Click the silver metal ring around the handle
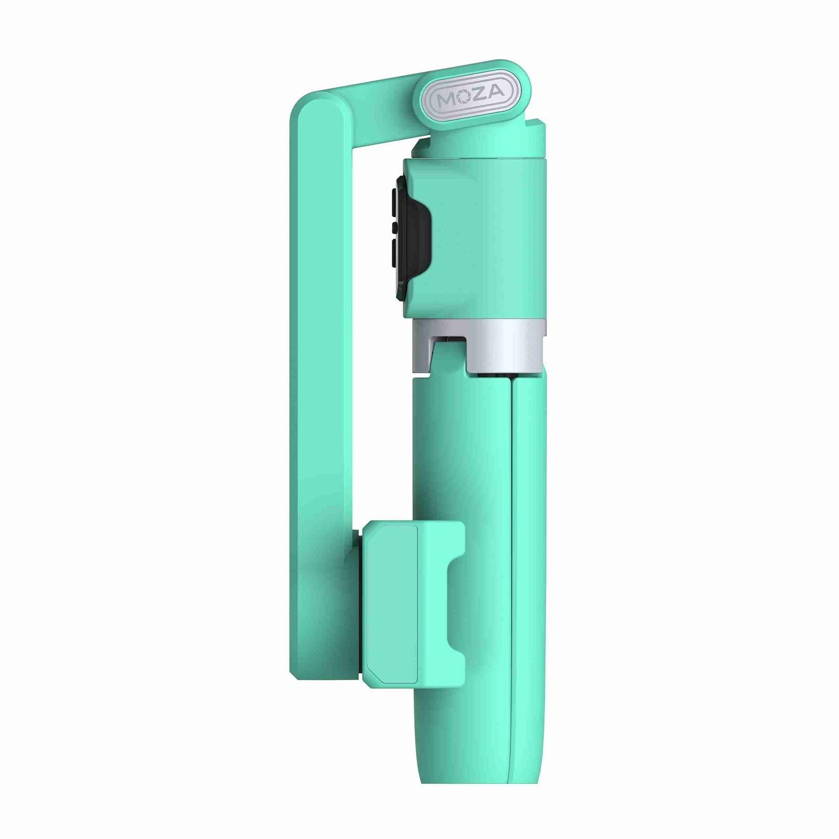tap(503, 347)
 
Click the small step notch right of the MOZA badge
tap(540, 126)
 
